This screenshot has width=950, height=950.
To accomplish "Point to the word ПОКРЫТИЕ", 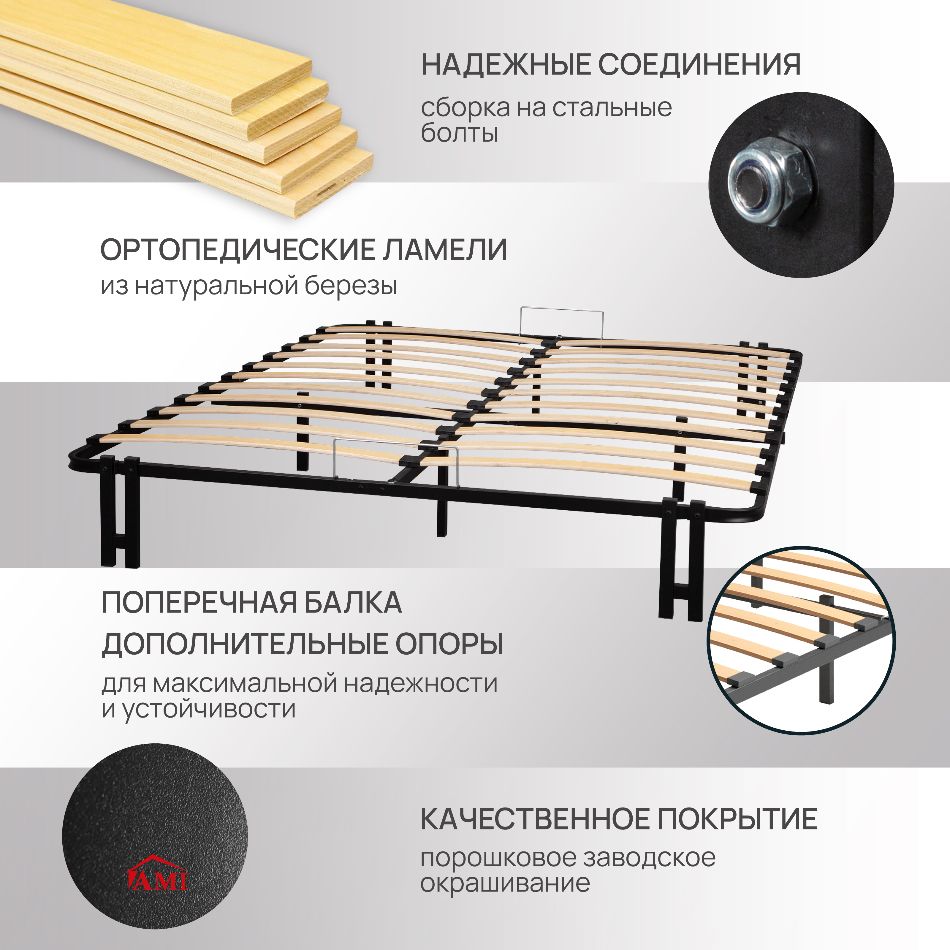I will click(x=737, y=819).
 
